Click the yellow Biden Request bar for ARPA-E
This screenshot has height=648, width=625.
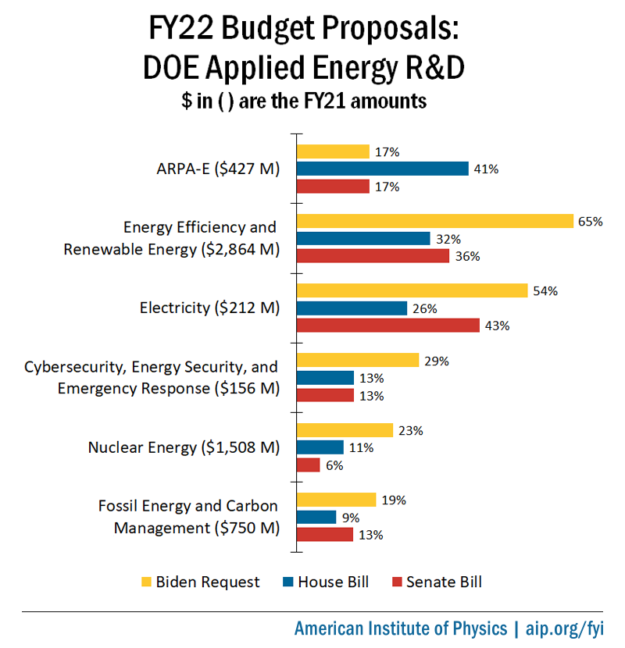coord(333,151)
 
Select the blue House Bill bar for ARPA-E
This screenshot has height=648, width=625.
coord(383,169)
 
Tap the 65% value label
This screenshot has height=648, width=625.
coord(590,221)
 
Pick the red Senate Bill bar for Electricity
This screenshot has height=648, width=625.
coord(388,326)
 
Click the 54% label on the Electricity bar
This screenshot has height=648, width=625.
coord(545,290)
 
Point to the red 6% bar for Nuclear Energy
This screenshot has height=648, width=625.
coord(309,465)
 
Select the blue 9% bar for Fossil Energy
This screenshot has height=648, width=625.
coord(316,517)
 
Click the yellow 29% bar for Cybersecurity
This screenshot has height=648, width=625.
coord(358,360)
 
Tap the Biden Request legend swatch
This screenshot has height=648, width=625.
coord(145,582)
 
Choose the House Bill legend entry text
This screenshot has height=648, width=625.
coord(333,582)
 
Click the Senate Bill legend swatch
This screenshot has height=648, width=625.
coord(396,582)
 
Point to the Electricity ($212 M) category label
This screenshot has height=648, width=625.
coord(209,308)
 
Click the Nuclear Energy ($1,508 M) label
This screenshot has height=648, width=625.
coord(184,447)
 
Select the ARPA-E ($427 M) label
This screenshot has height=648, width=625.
coord(217,169)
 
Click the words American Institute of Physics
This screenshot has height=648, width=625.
coord(400,628)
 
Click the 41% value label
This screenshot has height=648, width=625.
coord(485,169)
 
